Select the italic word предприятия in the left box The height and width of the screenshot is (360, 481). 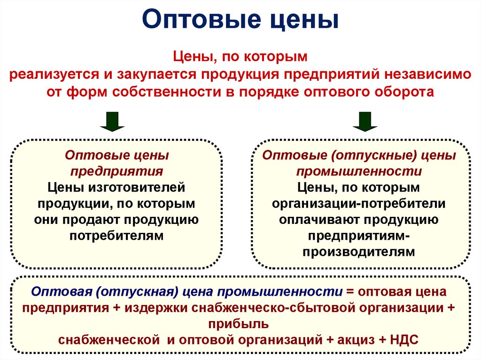pos(116,171)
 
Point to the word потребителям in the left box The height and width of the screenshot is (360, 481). pos(116,235)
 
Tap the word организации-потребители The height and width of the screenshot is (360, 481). pos(359,203)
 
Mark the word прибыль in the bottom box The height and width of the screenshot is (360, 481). pos(240,323)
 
